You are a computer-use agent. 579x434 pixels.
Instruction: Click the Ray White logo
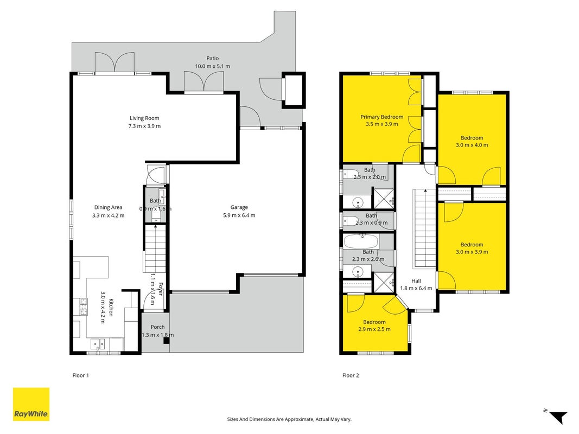click(31, 404)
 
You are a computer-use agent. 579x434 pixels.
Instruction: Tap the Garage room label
click(239, 207)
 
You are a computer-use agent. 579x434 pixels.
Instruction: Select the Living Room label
click(144, 118)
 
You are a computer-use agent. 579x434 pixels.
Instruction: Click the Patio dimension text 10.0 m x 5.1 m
click(213, 66)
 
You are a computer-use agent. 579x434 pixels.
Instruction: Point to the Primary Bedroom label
click(382, 117)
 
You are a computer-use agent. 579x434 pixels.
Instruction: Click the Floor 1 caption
click(80, 375)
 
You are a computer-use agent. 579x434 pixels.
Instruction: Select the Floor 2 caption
click(351, 375)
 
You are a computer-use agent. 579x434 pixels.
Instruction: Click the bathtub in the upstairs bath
click(361, 242)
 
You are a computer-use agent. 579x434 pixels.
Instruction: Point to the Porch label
click(158, 327)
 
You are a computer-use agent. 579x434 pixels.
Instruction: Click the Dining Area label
click(108, 207)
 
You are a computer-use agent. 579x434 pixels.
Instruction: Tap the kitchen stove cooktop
click(83, 307)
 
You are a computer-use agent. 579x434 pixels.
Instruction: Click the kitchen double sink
click(98, 344)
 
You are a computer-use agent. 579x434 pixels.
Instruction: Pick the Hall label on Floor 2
click(416, 281)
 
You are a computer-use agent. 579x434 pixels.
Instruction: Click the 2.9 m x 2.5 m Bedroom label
click(374, 325)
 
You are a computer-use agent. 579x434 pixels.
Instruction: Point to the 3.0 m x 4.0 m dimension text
click(472, 145)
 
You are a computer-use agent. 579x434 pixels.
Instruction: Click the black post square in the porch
click(167, 341)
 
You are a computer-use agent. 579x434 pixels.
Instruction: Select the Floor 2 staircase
click(425, 228)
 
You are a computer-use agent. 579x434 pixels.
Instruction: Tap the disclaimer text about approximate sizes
click(289, 419)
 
